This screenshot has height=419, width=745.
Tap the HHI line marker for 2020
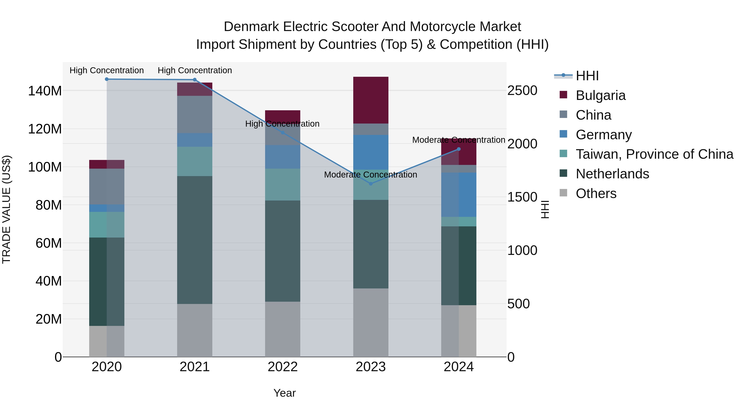pos(107,79)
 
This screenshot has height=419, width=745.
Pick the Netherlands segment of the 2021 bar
pos(195,240)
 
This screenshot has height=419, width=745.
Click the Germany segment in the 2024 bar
pos(458,195)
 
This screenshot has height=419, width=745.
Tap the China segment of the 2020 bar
pos(107,186)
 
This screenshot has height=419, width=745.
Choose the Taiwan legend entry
pos(654,154)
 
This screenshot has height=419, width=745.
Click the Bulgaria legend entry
pos(600,95)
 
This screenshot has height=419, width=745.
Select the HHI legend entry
pos(587,76)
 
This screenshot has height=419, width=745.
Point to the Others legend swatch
pos(563,193)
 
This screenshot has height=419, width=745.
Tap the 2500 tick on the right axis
pos(522,90)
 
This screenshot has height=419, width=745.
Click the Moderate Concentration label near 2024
pos(458,140)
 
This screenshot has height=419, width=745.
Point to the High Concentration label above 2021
pos(195,70)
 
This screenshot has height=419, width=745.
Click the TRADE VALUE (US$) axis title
pos(6,209)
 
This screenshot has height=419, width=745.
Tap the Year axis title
pos(285,393)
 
